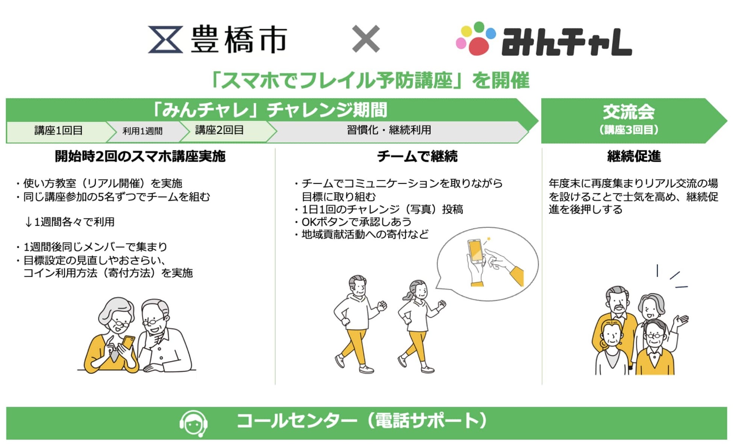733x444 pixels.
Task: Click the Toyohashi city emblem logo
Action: pyautogui.click(x=165, y=39)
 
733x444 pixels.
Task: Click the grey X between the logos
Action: pyautogui.click(x=366, y=39)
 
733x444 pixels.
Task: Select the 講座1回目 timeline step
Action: pyautogui.click(x=59, y=130)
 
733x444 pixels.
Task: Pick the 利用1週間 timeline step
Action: pyautogui.click(x=142, y=131)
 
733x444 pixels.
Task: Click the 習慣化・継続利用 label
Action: pyautogui.click(x=389, y=130)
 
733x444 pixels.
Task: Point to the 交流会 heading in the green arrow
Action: pyautogui.click(x=629, y=112)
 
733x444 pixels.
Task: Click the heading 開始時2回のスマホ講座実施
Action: pyautogui.click(x=140, y=156)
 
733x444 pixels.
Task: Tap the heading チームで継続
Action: pyautogui.click(x=417, y=156)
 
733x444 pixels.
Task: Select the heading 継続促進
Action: pyautogui.click(x=634, y=156)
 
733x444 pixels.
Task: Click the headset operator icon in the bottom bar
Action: pyautogui.click(x=194, y=423)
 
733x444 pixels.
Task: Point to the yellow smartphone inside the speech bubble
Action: pyautogui.click(x=476, y=251)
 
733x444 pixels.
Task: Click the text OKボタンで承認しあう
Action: pyautogui.click(x=356, y=222)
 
